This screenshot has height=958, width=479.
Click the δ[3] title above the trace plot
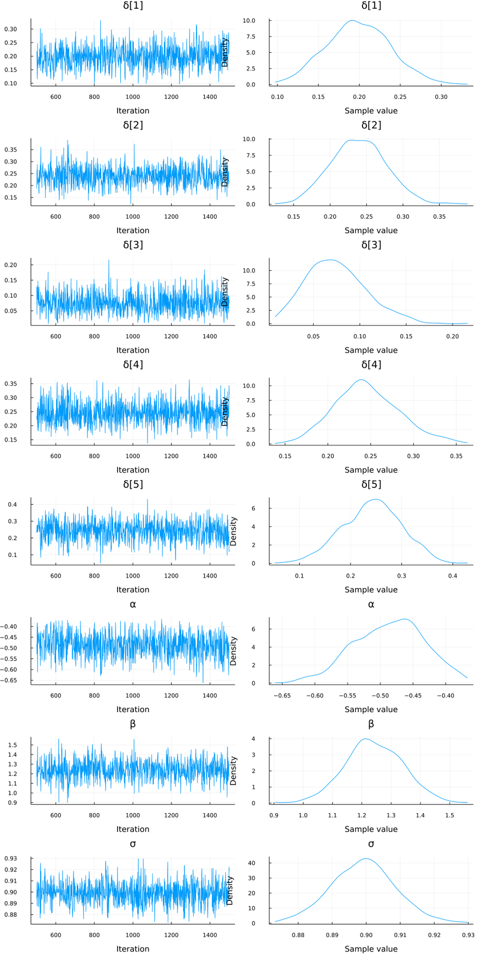(133, 245)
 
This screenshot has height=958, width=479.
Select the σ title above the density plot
(371, 844)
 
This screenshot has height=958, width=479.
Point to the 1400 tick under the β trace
(210, 815)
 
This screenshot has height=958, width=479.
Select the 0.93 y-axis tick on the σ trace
(11, 858)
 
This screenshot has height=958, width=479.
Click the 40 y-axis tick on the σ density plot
(260, 863)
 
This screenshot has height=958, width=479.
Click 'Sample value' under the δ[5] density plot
(371, 590)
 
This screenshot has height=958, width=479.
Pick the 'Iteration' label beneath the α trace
(133, 709)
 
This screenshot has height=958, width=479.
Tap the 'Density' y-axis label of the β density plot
(234, 770)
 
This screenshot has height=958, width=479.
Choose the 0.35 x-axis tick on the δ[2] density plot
(439, 217)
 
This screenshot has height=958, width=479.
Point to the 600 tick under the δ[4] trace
(56, 456)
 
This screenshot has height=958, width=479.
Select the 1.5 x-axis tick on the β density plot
(449, 815)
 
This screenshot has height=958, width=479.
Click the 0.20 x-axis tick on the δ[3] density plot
(452, 336)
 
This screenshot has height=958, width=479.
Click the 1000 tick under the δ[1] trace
(133, 97)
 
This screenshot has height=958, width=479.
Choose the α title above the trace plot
(133, 604)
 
